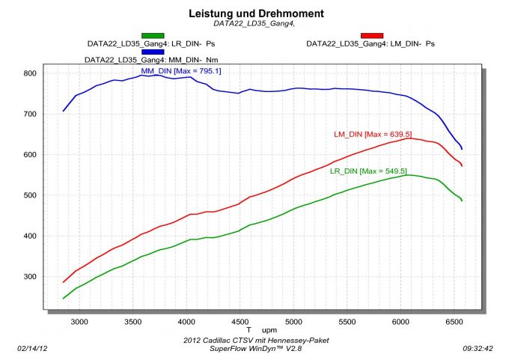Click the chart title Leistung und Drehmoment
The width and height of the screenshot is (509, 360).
254,13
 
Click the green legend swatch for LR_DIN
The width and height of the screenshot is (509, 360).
153,35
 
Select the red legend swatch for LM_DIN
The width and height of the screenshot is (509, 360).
372,35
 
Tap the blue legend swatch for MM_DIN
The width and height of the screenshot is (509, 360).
153,52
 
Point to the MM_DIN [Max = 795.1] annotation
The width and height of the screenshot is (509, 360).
181,71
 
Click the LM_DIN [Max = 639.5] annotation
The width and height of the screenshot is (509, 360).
372,135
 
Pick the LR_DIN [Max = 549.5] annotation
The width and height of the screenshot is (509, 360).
368,171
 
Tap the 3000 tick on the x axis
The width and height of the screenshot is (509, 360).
79,321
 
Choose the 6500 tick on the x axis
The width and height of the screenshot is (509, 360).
454,321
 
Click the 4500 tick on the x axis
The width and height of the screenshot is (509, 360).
240,321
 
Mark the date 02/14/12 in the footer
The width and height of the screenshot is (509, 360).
31,349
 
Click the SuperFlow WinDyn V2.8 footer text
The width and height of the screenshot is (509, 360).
255,348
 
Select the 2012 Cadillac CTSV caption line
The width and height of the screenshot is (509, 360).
255,340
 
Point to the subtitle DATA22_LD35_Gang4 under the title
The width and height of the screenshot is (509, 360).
254,23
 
